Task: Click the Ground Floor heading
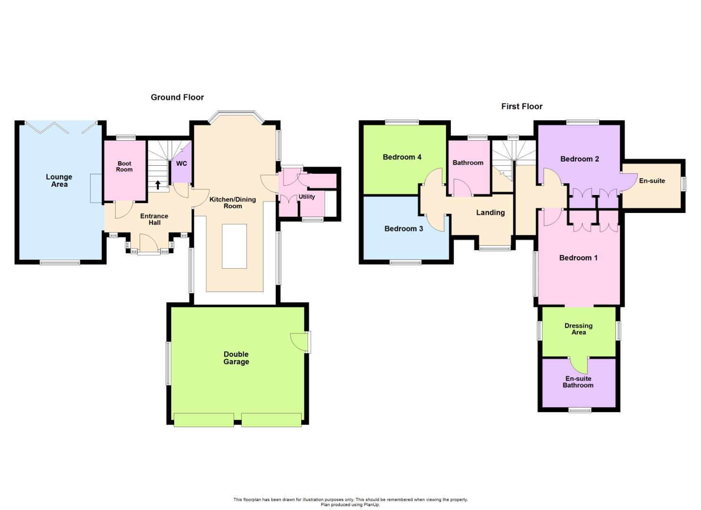click(x=177, y=97)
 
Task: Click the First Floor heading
click(x=522, y=107)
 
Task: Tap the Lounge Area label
click(x=59, y=180)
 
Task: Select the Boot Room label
click(x=124, y=167)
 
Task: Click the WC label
click(x=182, y=164)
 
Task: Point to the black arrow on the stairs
click(x=158, y=185)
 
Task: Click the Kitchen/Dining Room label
click(x=233, y=203)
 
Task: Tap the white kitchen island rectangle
click(x=234, y=246)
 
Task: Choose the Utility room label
click(x=307, y=197)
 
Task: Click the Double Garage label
click(x=236, y=358)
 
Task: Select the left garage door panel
click(x=203, y=420)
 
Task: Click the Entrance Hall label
click(x=154, y=219)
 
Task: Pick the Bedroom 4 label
click(x=402, y=157)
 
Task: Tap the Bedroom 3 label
click(x=404, y=229)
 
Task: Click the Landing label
click(x=490, y=213)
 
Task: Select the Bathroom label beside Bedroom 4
click(x=468, y=163)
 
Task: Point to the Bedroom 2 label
click(x=579, y=159)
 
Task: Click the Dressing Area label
click(x=578, y=329)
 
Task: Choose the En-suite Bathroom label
click(x=578, y=382)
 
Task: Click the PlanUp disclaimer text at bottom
click(x=350, y=502)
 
